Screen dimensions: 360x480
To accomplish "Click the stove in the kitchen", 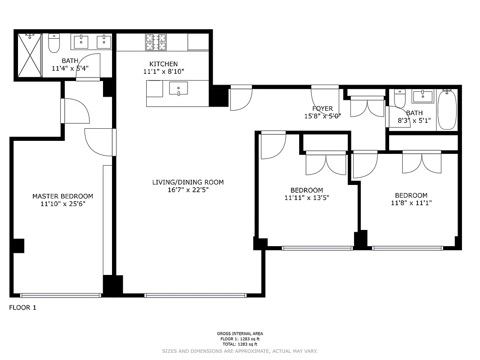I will coord(156,42).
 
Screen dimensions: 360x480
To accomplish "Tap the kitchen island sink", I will coord(179,88).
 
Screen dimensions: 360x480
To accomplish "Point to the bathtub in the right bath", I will coord(447,110).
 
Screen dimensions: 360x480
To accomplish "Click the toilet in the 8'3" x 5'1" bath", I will coord(399,98).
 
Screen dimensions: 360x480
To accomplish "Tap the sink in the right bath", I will coord(422,96).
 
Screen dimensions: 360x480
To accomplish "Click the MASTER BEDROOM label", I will coord(63,196).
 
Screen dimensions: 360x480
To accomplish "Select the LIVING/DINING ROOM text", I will coord(188,182).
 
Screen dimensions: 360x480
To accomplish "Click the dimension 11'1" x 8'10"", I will coord(164,72).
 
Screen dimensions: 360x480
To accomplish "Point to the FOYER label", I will coord(323,108).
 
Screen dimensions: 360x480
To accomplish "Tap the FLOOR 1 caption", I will coord(22,308).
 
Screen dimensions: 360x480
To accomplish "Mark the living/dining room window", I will coord(195,295).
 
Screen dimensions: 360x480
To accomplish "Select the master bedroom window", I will coord(61,295).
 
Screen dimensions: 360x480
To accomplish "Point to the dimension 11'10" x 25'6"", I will coord(63,204).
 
